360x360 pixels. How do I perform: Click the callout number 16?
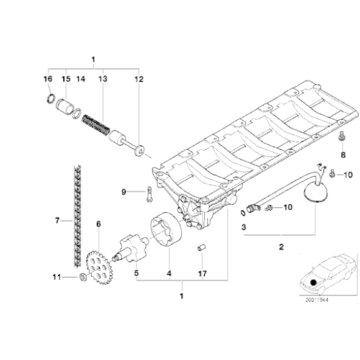click(x=48, y=79)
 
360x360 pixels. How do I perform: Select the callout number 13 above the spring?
click(x=102, y=79)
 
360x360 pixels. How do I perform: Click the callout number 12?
click(x=138, y=79)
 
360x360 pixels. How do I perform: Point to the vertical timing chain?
click(x=76, y=211)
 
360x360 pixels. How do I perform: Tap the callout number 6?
click(x=97, y=223)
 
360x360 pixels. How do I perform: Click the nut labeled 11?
click(x=83, y=277)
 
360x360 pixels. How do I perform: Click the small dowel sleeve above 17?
click(x=201, y=250)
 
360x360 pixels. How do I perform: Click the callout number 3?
click(x=244, y=228)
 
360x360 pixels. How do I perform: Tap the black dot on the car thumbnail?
click(x=315, y=282)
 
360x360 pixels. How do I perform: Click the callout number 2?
click(x=281, y=248)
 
